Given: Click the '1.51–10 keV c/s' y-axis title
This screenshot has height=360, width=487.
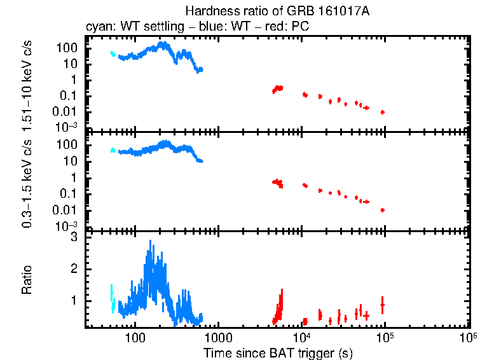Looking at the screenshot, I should pyautogui.click(x=27, y=83).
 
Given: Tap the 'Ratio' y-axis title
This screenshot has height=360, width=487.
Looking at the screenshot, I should pyautogui.click(x=27, y=280).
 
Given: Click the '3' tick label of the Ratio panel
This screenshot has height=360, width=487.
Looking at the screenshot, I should pyautogui.click(x=74, y=237).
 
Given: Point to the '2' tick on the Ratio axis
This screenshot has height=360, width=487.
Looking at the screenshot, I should pyautogui.click(x=74, y=268).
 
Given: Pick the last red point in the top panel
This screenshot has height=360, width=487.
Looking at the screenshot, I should pyautogui.click(x=382, y=112).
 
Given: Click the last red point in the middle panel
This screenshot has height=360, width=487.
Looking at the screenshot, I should pyautogui.click(x=382, y=210).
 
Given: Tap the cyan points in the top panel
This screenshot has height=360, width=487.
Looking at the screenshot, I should pyautogui.click(x=113, y=54).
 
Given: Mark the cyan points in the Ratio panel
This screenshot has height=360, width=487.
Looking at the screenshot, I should pyautogui.click(x=113, y=299).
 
